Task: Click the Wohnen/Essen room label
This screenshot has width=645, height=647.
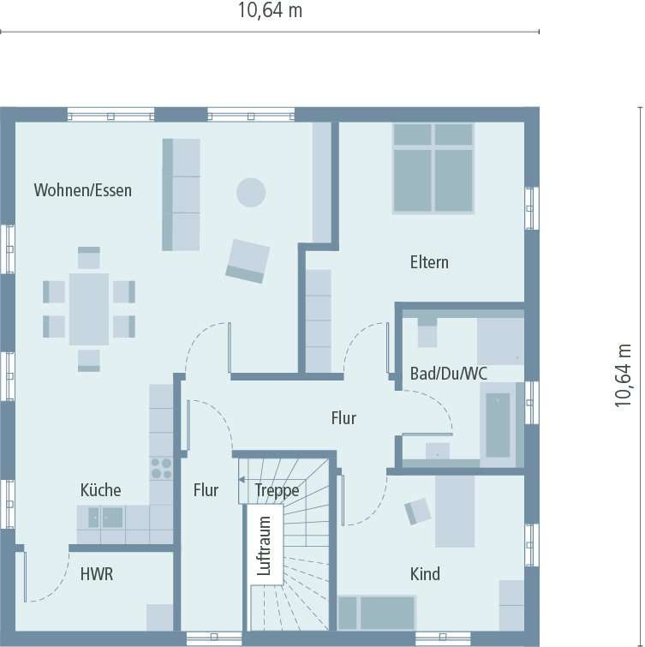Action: [83, 190]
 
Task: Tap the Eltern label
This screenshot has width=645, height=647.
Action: [429, 262]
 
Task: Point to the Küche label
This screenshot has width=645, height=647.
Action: [100, 490]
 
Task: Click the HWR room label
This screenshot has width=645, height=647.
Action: [97, 574]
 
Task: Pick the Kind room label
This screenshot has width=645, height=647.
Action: [425, 573]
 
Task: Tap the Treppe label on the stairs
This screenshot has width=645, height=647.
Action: [278, 490]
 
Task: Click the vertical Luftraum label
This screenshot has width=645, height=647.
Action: [265, 545]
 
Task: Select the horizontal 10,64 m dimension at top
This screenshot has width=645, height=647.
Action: [270, 11]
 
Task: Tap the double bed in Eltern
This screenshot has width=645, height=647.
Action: [433, 168]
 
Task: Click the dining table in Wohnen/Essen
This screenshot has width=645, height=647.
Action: [89, 309]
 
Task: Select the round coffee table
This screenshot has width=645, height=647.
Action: [251, 192]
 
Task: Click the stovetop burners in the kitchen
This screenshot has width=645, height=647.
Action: [161, 468]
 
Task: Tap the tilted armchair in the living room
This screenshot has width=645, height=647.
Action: [248, 261]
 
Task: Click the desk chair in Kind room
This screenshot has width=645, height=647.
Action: [418, 511]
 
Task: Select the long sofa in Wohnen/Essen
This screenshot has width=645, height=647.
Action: [181, 195]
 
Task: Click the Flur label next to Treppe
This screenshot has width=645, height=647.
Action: [206, 490]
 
